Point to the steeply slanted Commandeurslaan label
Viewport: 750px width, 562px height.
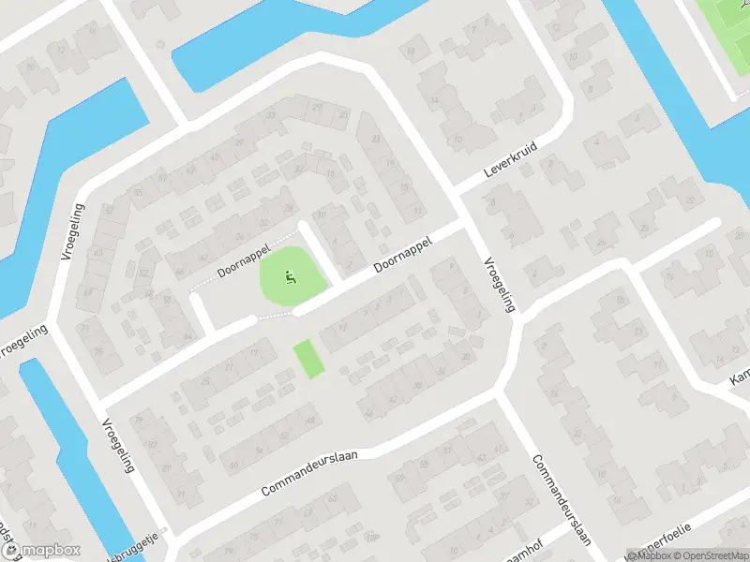pos(563,500)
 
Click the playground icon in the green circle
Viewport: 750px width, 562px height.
pos(291,277)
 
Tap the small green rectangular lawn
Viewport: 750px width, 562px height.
pos(308,359)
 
